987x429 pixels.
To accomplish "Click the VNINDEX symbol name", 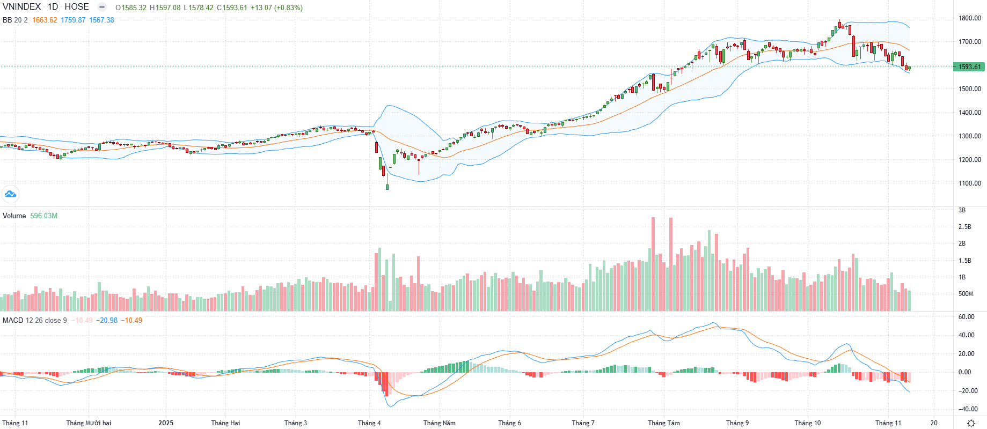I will pos(21,7).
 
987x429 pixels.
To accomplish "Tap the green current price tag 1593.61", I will pos(969,67).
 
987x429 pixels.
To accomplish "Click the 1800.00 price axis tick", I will pos(970,18).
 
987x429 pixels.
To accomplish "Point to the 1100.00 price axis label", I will pos(970,183).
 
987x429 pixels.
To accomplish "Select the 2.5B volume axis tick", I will pos(965,227).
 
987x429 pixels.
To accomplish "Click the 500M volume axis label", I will pos(966,294).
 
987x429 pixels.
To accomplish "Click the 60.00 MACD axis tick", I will pos(966,317).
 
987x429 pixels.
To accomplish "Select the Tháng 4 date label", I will pos(369,423).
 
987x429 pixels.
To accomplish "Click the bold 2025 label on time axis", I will pos(166,423).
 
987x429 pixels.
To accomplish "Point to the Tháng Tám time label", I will pos(664,423).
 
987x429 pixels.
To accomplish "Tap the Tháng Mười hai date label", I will pos(89,423).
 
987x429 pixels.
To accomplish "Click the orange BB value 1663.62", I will pos(45,20).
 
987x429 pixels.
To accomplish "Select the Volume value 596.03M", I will pos(43,216).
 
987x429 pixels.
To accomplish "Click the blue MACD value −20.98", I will pos(107,321).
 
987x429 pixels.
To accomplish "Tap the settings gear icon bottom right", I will pos(970,423).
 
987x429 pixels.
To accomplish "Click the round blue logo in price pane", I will pos(10,194).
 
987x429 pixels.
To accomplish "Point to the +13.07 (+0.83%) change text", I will pos(276,8).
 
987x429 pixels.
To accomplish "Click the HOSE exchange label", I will pos(77,7).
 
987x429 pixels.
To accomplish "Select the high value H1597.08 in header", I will pos(165,8).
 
